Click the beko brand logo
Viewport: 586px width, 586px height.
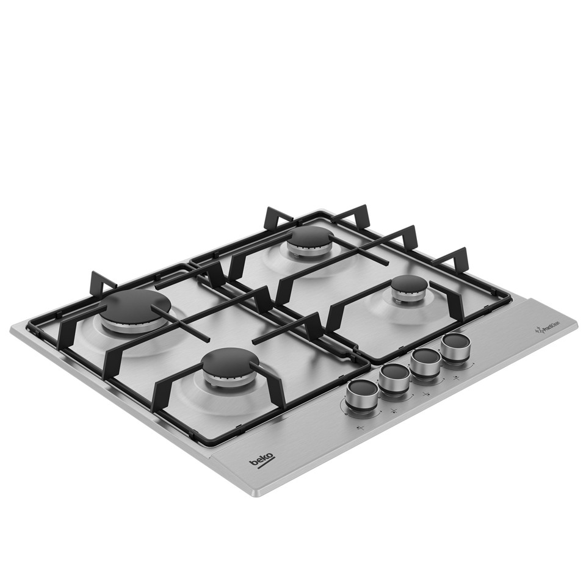pos(261,462)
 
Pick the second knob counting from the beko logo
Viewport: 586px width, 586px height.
pos(394,377)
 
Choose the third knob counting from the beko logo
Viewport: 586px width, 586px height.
pos(424,360)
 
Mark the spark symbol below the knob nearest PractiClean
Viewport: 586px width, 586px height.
pos(457,378)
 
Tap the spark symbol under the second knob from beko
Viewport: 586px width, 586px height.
pos(394,410)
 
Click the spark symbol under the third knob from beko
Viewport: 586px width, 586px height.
pos(425,394)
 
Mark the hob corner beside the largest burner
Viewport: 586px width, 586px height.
pos(12,330)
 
